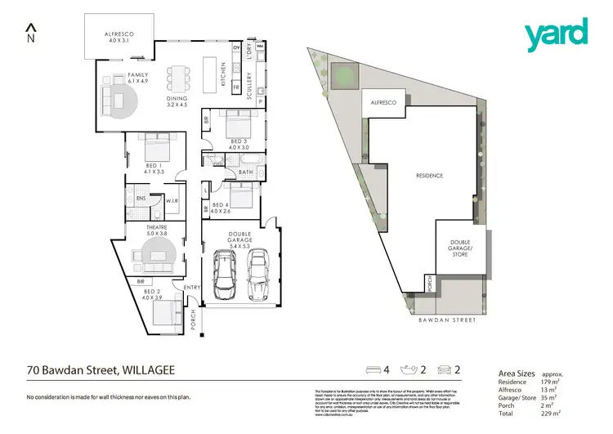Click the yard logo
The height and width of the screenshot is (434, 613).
coord(555,34)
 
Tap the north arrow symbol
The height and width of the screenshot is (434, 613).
coord(31,34)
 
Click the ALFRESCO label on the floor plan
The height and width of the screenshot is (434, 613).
coord(119,35)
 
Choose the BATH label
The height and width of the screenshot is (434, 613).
coord(244,172)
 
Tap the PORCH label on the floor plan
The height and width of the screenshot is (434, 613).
coord(193,317)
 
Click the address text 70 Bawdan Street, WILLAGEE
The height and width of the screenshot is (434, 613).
coord(100,370)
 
